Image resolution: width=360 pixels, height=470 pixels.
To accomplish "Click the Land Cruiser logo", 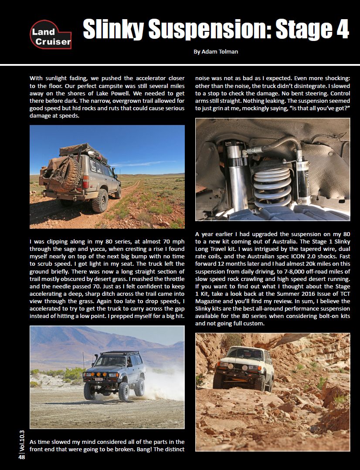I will [50, 35].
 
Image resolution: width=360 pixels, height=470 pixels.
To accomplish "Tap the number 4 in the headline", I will [339, 28].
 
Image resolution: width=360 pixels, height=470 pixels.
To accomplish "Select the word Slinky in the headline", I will [113, 29].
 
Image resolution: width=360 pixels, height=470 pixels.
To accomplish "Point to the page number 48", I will [21, 457].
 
